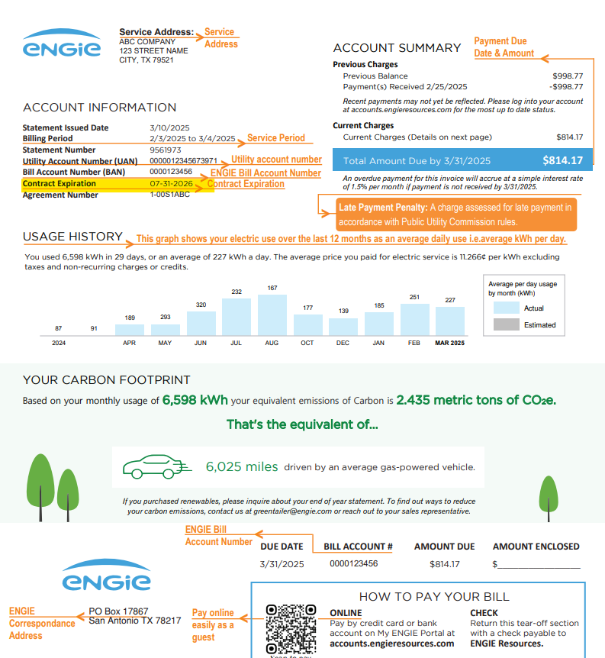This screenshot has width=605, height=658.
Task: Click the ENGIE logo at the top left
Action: [x=62, y=44]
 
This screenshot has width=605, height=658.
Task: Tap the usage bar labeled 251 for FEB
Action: [x=414, y=320]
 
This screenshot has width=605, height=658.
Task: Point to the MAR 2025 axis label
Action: [x=450, y=343]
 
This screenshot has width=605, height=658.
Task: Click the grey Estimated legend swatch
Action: [x=506, y=324]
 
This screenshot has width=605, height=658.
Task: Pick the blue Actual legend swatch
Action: [x=506, y=308]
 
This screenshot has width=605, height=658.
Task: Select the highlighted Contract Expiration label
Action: [x=60, y=184]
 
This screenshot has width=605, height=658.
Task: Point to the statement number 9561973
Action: [x=166, y=150]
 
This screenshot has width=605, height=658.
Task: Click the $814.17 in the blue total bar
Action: [x=562, y=161]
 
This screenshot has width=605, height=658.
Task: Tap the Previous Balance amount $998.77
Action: [x=568, y=76]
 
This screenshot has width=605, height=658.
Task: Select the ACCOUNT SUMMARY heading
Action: [x=397, y=48]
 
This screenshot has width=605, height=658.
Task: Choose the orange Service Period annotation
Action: [x=275, y=138]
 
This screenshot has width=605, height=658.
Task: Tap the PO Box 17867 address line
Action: [x=118, y=611]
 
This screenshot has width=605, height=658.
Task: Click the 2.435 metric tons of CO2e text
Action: [x=476, y=400]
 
